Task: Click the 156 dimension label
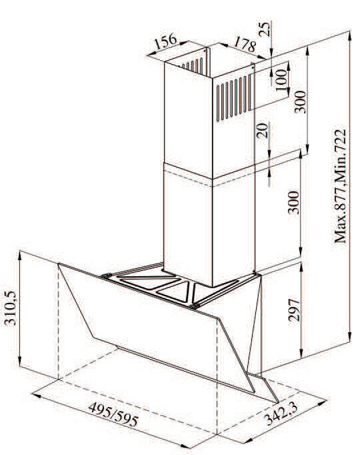coord(166,42)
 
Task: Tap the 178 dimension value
coord(245,44)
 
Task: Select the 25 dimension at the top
coord(265,29)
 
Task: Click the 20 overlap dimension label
coord(262,130)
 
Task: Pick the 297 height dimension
coord(293,310)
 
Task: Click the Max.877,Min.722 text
coord(340,185)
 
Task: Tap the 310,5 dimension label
coord(11,308)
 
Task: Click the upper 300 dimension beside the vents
coord(300,101)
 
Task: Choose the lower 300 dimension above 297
coord(293,202)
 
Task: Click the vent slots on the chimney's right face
coord(233,98)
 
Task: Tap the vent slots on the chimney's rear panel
coord(192,66)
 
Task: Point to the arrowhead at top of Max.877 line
coord(350,35)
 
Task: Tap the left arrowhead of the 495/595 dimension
coord(37,395)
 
